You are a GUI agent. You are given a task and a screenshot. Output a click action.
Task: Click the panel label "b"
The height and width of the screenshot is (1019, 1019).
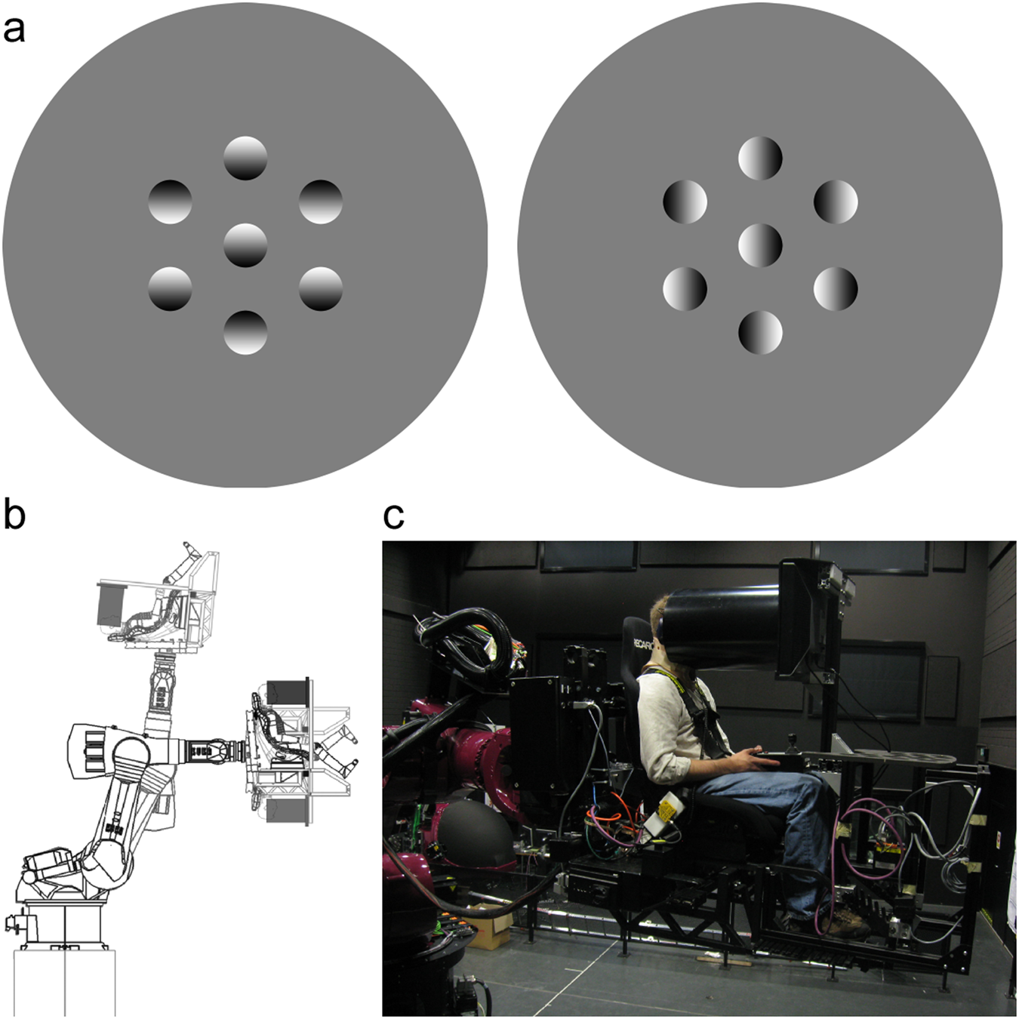tap(14, 515)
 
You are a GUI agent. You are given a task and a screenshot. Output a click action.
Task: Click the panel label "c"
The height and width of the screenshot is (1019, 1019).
tap(393, 516)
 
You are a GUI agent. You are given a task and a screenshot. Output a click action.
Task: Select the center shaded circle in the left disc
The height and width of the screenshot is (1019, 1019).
tap(245, 245)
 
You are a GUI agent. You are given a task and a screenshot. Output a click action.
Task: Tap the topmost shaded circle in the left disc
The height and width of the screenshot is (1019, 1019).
tap(245, 158)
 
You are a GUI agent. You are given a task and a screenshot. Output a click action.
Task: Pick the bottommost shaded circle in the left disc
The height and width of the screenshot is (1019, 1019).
tap(245, 332)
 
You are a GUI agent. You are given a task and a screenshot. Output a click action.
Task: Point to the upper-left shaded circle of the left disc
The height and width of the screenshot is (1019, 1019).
tap(170, 202)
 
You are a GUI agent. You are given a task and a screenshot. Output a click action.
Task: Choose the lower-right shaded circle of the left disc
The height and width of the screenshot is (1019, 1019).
tap(321, 288)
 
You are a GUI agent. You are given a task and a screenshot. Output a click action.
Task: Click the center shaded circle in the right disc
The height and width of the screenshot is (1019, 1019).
tap(760, 245)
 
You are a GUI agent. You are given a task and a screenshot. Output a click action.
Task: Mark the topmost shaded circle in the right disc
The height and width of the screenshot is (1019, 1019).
tap(760, 158)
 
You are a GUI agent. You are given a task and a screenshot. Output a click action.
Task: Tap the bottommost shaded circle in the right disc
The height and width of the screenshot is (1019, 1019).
tap(760, 332)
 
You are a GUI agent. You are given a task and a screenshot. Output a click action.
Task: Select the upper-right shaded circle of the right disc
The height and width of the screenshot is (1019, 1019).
tap(836, 202)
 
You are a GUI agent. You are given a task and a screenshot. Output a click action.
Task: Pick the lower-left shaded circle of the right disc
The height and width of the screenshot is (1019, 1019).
tap(685, 288)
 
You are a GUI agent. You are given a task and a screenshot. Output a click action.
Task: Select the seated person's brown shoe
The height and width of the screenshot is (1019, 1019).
tap(847, 922)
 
